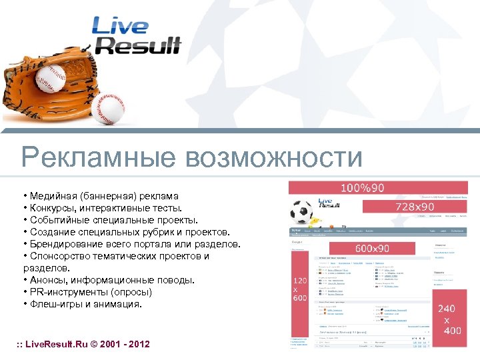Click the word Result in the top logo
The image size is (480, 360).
pyautogui.click(x=139, y=45)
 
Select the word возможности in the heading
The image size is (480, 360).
pyautogui.click(x=274, y=159)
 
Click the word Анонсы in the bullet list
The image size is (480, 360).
pyautogui.click(x=47, y=280)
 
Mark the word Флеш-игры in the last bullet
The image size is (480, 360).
pyautogui.click(x=54, y=304)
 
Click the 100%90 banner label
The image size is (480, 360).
pyautogui.click(x=363, y=188)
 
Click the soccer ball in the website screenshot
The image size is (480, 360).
pyautogui.click(x=302, y=211)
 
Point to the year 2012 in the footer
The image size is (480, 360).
pyautogui.click(x=137, y=344)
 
